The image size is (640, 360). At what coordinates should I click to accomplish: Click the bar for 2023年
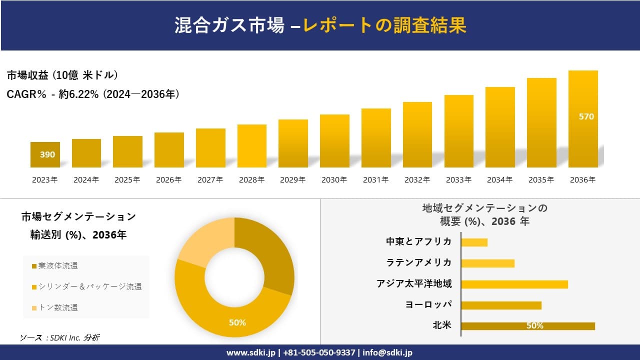45,155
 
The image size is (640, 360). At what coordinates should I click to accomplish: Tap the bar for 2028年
251,146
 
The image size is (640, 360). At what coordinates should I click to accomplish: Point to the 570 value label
586,116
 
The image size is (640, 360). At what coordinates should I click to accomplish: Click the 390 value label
47,155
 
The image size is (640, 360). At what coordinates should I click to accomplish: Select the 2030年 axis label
334,180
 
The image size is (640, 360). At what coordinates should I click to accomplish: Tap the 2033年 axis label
458,180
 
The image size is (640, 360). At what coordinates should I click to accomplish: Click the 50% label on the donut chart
237,322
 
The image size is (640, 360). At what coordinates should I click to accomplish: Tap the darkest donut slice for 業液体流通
270,250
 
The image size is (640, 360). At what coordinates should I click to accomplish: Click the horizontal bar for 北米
527,326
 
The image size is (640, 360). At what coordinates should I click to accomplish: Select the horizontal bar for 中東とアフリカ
474,242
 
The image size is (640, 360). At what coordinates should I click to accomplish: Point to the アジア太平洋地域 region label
414,284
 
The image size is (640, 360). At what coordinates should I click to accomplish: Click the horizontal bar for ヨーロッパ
501,305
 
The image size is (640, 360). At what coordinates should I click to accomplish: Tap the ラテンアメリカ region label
418,263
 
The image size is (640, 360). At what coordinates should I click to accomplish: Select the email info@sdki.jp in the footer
388,352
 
